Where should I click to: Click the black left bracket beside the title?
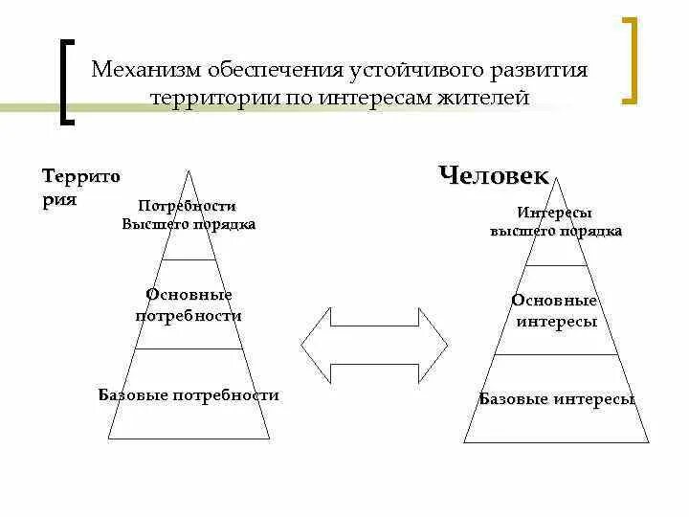(x=66, y=82)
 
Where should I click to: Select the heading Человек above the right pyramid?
(x=494, y=176)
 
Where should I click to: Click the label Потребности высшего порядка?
(x=188, y=215)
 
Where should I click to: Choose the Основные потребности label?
(x=189, y=304)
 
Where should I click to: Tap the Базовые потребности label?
(x=189, y=394)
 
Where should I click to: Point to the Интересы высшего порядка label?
(x=556, y=221)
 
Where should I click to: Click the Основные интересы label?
(x=556, y=311)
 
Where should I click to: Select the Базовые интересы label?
(x=557, y=399)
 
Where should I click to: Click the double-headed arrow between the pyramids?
(x=374, y=343)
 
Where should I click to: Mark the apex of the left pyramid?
(x=189, y=170)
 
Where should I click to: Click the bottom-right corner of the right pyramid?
(x=648, y=442)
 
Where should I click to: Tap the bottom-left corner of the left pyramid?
(x=108, y=438)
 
